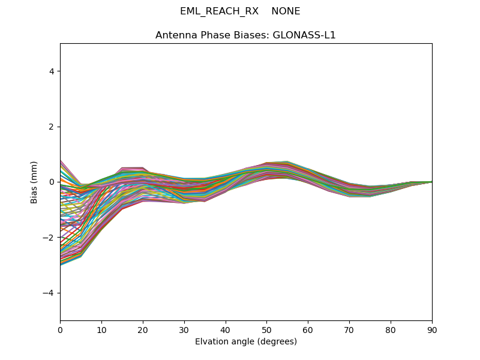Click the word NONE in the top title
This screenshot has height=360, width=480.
pyautogui.click(x=286, y=11)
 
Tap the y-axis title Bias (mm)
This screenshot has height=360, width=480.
pyautogui.click(x=34, y=182)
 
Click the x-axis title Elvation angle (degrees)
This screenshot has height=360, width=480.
pyautogui.click(x=246, y=342)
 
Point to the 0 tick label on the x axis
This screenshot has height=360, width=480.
pyautogui.click(x=60, y=329)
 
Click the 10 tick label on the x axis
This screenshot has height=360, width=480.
pyautogui.click(x=101, y=329)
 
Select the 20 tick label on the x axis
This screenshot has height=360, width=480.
pyautogui.click(x=143, y=329)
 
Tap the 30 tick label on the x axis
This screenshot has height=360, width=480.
pyautogui.click(x=184, y=329)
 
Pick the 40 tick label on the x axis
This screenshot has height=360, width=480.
pyautogui.click(x=226, y=329)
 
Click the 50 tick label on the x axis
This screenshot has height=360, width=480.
pyautogui.click(x=266, y=329)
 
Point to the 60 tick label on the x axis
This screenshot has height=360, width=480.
pyautogui.click(x=308, y=329)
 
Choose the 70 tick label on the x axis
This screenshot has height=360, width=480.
pyautogui.click(x=349, y=329)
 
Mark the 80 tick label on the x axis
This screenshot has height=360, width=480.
pyautogui.click(x=391, y=329)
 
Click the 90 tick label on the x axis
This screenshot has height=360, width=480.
pyautogui.click(x=432, y=329)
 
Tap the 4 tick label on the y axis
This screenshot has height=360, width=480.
pyautogui.click(x=52, y=71)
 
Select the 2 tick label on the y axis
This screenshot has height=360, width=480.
pyautogui.click(x=52, y=127)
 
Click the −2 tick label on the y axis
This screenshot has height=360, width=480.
pyautogui.click(x=49, y=238)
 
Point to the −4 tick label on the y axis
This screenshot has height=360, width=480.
pyautogui.click(x=49, y=293)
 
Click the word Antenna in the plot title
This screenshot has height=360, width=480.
pyautogui.click(x=175, y=35)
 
